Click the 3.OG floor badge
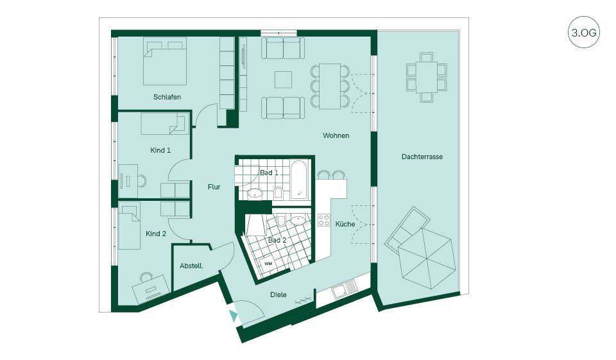(x=584, y=32)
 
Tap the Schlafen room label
(x=167, y=97)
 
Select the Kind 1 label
(x=160, y=150)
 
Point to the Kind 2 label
(x=156, y=234)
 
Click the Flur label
(x=214, y=187)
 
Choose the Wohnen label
(x=336, y=135)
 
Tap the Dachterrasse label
(x=422, y=157)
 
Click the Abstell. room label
(x=191, y=266)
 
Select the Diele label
(x=278, y=295)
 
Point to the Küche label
(x=345, y=224)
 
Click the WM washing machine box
(x=268, y=264)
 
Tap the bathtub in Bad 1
(x=300, y=179)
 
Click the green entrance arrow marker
(x=234, y=316)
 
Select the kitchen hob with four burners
(x=323, y=220)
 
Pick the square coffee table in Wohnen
(x=283, y=80)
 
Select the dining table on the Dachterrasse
(x=427, y=77)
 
